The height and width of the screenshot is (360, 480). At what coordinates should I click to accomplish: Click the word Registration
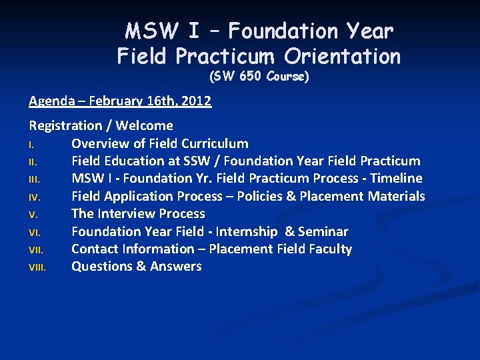(65, 125)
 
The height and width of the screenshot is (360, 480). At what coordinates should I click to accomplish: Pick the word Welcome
(145, 125)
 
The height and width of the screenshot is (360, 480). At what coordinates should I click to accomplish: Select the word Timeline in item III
(396, 178)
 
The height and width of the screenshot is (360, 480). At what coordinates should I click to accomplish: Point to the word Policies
(259, 196)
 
